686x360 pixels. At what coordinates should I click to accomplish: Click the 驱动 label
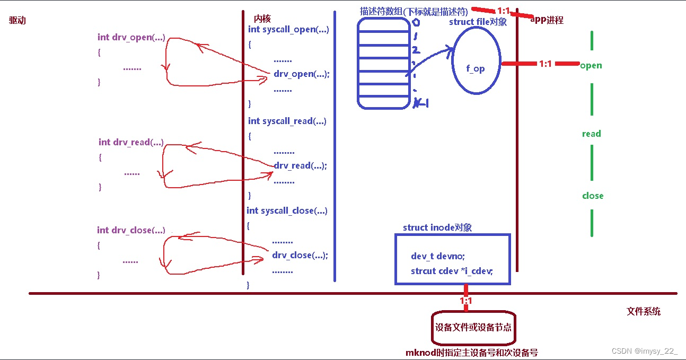pos(17,21)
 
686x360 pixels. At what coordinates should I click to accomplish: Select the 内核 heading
pos(262,19)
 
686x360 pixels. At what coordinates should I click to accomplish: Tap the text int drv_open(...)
pos(131,37)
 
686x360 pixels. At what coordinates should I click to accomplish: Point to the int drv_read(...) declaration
pos(131,142)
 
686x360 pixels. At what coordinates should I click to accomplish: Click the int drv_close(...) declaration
pos(130,230)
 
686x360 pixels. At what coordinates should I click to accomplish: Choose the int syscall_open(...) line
pos(288,30)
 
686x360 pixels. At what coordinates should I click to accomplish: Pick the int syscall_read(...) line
pos(287,121)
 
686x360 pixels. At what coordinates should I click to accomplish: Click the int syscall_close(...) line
pos(287,210)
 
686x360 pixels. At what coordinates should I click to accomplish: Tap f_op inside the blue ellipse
pos(475,68)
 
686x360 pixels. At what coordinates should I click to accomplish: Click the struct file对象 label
pos(478,22)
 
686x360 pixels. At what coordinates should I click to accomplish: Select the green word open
pos(591,66)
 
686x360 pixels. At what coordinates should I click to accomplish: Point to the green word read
pos(591,134)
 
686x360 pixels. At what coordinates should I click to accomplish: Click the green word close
pos(592,196)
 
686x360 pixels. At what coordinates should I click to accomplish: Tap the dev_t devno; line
pos(437,256)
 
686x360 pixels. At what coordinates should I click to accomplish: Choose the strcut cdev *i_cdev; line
pos(452,271)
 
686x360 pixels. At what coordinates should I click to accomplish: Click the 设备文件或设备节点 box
pos(473,327)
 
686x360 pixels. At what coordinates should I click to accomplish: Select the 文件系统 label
pos(643,312)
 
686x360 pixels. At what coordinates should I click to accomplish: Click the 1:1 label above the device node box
pos(465,301)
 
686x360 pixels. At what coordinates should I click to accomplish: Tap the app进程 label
pos(547,20)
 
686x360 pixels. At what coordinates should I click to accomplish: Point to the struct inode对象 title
pos(437,227)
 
